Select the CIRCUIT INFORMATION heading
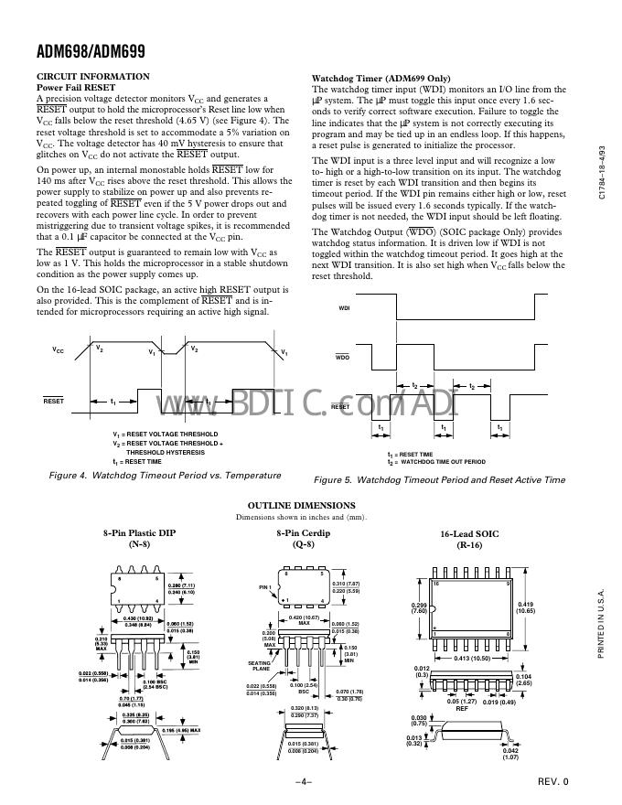pos(92,76)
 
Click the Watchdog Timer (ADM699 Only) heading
pos(381,79)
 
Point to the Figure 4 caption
pos(165,476)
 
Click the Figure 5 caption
pos(439,479)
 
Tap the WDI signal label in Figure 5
pos(344,309)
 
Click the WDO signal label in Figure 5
pos(343,357)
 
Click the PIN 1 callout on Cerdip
pos(266,586)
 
